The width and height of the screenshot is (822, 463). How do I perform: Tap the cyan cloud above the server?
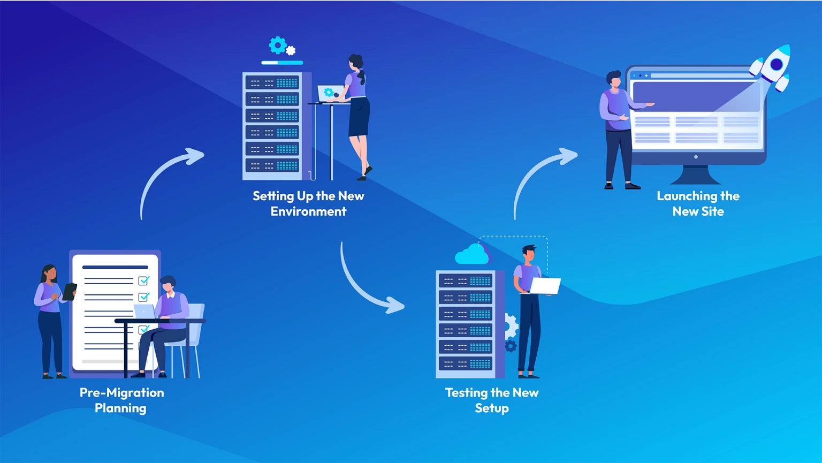471,255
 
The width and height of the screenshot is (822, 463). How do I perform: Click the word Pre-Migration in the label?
121,392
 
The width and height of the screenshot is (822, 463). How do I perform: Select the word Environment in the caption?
308,211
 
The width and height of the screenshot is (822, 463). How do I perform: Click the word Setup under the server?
492,408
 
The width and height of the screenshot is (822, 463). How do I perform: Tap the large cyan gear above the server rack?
277,45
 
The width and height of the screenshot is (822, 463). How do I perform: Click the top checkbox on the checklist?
143,280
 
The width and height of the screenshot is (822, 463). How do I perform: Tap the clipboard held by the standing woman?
70,292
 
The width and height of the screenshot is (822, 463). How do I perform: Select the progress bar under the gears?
282,63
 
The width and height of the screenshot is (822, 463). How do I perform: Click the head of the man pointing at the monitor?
614,81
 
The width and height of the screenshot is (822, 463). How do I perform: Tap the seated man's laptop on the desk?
144,312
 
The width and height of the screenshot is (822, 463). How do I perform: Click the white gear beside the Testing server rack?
511,326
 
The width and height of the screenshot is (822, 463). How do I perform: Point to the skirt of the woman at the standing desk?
359,117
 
